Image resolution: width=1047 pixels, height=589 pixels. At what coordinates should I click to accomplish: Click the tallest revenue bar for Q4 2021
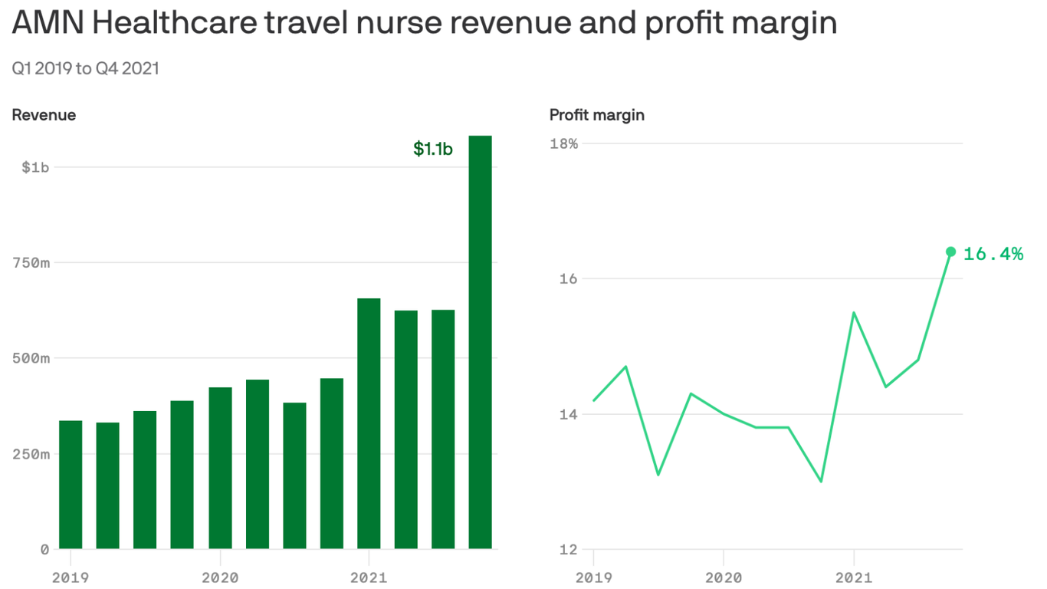point(480,342)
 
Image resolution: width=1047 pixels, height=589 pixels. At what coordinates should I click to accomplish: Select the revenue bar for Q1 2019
point(71,485)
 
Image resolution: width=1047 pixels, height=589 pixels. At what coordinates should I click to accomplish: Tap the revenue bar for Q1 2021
point(369,423)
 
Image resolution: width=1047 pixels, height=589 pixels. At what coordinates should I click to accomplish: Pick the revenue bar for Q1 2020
point(220,468)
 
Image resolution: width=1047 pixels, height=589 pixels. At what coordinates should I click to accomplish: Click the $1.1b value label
point(433,149)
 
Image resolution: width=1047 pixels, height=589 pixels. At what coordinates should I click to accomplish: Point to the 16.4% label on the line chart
point(993,254)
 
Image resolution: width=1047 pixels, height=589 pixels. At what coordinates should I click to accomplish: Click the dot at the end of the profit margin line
point(950,252)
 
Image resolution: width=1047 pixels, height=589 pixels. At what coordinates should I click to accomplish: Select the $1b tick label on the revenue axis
point(35,167)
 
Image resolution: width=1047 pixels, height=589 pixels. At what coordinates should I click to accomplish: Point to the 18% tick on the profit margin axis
point(564,143)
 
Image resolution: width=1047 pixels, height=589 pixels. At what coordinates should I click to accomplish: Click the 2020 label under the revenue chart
point(220,577)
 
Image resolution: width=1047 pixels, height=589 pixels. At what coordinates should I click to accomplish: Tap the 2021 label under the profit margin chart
point(853,577)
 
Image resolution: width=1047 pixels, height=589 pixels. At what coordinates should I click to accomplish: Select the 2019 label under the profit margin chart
point(594,577)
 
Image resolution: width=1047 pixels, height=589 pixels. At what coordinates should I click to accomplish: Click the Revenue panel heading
point(44,115)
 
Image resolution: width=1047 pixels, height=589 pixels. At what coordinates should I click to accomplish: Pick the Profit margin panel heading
point(597,115)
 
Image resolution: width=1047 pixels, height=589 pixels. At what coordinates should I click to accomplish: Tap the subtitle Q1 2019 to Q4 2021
point(85,68)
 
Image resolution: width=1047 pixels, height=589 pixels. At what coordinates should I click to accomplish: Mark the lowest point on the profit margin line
point(821,482)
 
